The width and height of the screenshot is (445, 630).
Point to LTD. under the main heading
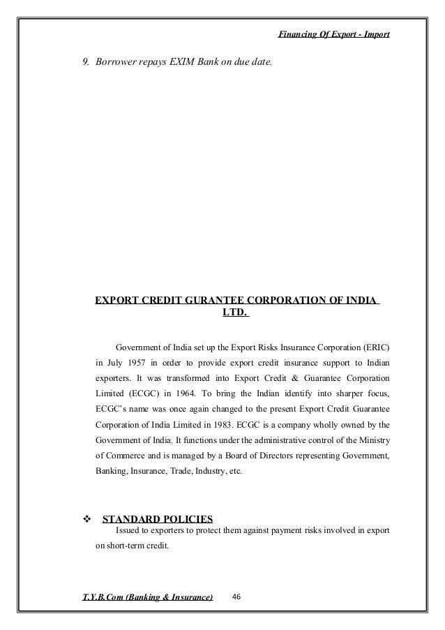(235, 314)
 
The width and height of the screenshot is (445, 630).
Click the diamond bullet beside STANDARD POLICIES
(87, 519)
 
